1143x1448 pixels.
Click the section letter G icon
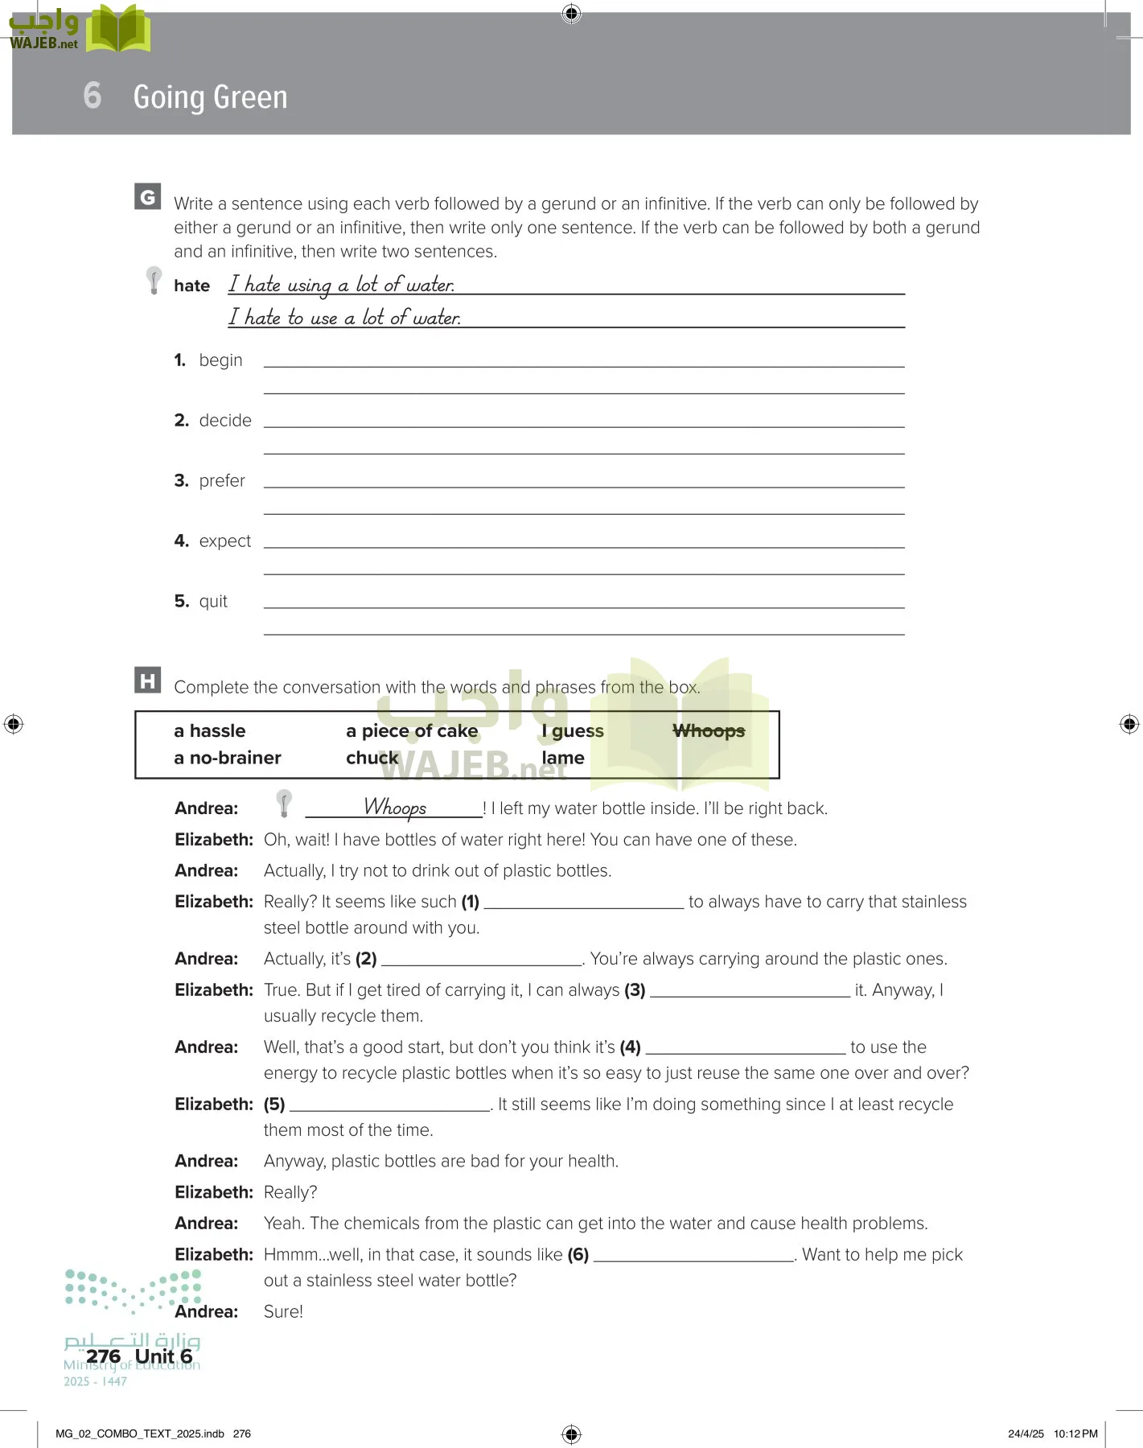tap(147, 197)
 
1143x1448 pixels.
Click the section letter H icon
tap(147, 681)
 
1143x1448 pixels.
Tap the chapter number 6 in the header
tap(93, 96)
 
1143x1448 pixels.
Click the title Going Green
tap(210, 97)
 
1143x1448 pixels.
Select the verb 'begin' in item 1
tap(220, 360)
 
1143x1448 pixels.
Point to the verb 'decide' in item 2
tap(225, 421)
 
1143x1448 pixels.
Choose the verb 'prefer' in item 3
tap(222, 481)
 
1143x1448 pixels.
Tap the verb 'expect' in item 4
tap(225, 541)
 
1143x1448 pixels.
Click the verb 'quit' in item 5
tap(213, 602)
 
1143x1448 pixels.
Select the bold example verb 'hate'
tap(191, 286)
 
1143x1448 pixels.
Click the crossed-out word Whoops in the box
tap(708, 731)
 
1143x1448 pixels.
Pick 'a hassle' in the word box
tap(210, 731)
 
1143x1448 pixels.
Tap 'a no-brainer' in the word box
tap(228, 758)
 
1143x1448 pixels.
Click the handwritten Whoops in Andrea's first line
tap(395, 807)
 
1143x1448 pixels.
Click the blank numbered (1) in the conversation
tap(583, 903)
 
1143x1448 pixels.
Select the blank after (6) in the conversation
tap(693, 1255)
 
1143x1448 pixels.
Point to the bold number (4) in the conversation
tap(630, 1047)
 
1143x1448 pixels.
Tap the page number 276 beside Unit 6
tap(103, 1356)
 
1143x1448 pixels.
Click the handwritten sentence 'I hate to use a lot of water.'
tap(344, 318)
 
